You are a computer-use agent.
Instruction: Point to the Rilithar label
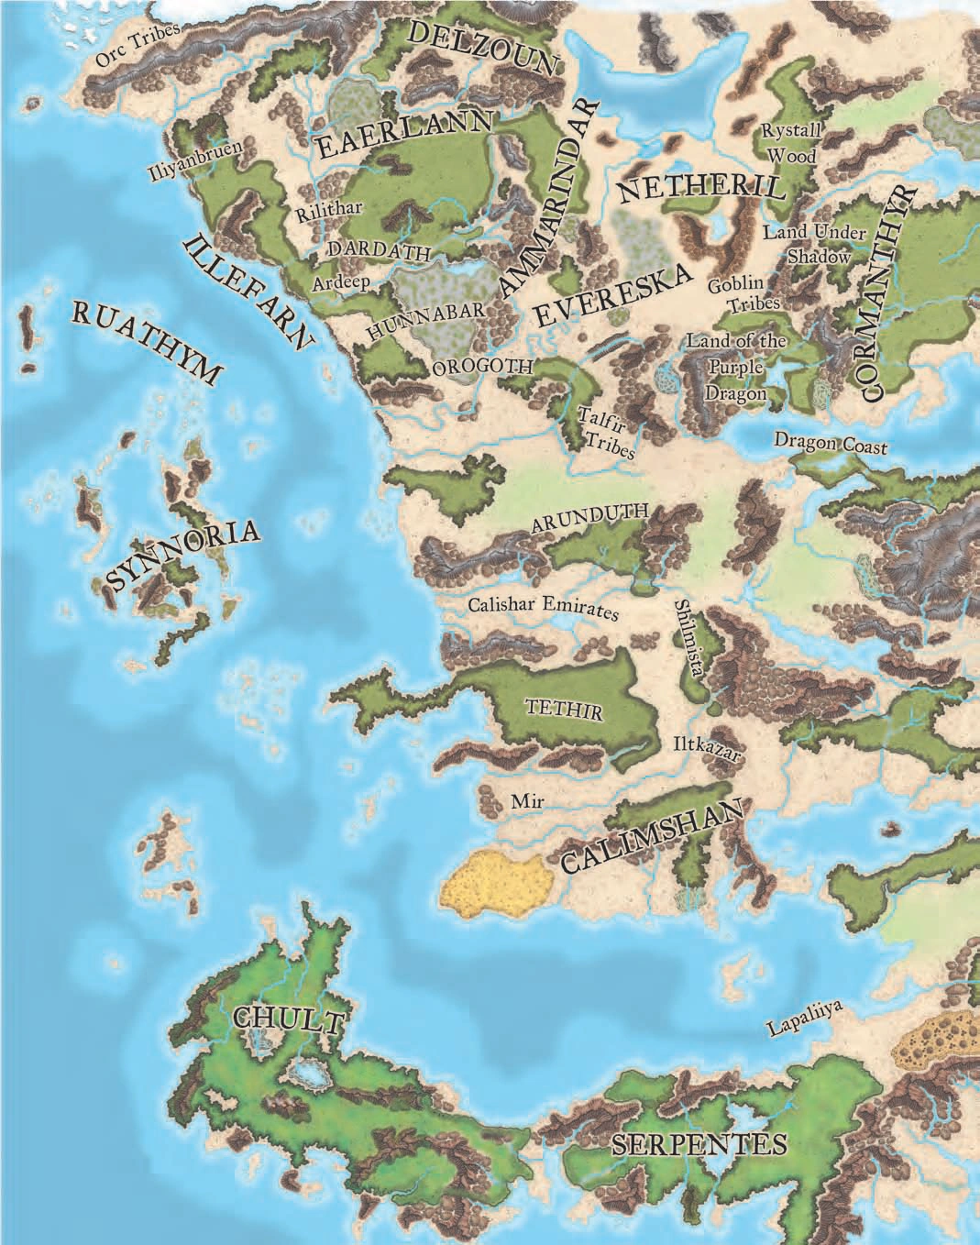[329, 211]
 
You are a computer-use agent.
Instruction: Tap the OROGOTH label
[482, 367]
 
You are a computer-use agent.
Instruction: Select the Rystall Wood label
[792, 143]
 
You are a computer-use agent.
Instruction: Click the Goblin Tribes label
[743, 294]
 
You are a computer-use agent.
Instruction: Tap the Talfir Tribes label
[606, 431]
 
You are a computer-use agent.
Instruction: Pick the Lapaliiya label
[804, 1019]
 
